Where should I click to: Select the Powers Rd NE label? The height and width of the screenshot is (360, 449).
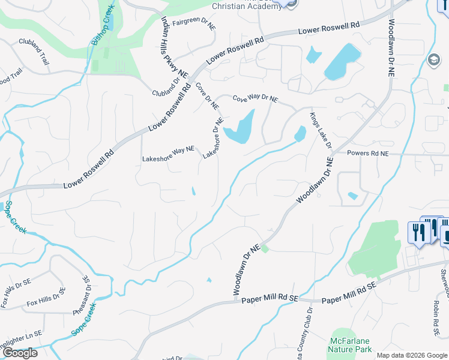point(368,154)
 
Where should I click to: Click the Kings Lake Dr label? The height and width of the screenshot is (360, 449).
point(321,130)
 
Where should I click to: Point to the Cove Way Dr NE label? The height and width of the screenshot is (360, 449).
point(255,98)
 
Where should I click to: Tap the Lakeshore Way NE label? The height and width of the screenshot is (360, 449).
point(168,154)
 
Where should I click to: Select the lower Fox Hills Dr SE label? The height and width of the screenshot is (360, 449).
point(46,300)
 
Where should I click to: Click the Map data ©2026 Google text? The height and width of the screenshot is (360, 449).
point(411,355)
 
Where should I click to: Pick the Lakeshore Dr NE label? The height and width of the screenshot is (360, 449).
point(213,138)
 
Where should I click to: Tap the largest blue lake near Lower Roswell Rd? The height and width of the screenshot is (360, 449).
point(342,62)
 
